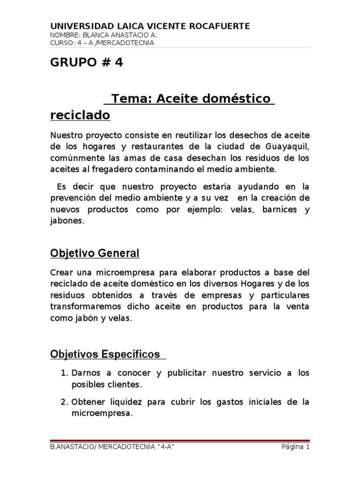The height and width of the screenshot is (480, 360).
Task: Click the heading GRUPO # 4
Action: point(87,62)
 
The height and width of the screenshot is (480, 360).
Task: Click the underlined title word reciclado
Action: point(80,115)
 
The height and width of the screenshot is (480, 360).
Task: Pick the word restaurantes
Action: point(169,146)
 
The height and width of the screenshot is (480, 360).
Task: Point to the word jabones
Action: point(67,220)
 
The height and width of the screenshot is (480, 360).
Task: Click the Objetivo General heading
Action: point(95,253)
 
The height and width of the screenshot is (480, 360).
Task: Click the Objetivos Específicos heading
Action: point(105,354)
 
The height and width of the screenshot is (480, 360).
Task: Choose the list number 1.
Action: point(65,373)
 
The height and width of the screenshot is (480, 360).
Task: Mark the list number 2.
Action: point(65,402)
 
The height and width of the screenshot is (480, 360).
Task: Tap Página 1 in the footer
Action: point(295,447)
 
